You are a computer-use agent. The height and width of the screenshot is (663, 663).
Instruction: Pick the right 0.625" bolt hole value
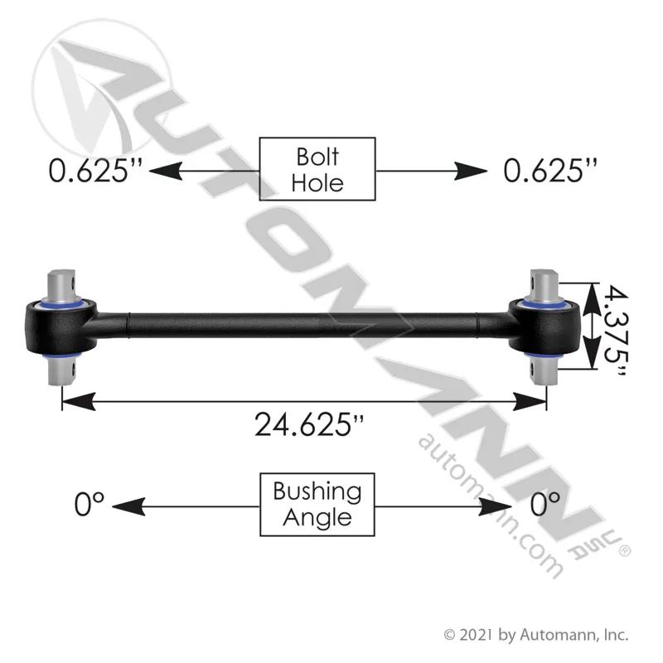(550, 170)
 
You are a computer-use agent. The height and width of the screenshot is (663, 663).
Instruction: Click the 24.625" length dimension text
(309, 424)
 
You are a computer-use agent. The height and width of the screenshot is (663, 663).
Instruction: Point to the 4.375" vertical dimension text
(615, 331)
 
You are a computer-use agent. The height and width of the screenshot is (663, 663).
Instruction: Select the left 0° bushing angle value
(89, 504)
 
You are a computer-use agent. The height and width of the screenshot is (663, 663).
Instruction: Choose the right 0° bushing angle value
(545, 504)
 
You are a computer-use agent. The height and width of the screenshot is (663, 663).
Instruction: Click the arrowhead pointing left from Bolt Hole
(166, 171)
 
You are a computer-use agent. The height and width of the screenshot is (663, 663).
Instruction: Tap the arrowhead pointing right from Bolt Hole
(470, 171)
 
